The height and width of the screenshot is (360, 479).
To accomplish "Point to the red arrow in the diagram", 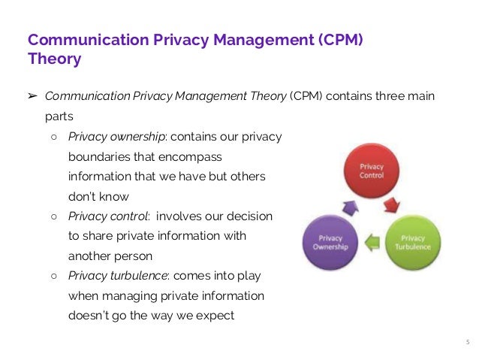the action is [392, 204].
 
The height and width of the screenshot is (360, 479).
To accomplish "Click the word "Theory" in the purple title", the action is [54, 59].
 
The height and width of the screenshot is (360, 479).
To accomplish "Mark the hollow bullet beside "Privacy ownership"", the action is [54, 138].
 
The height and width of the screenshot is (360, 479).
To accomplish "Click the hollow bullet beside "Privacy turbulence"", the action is [54, 275].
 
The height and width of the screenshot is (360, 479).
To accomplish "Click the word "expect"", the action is [215, 315].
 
